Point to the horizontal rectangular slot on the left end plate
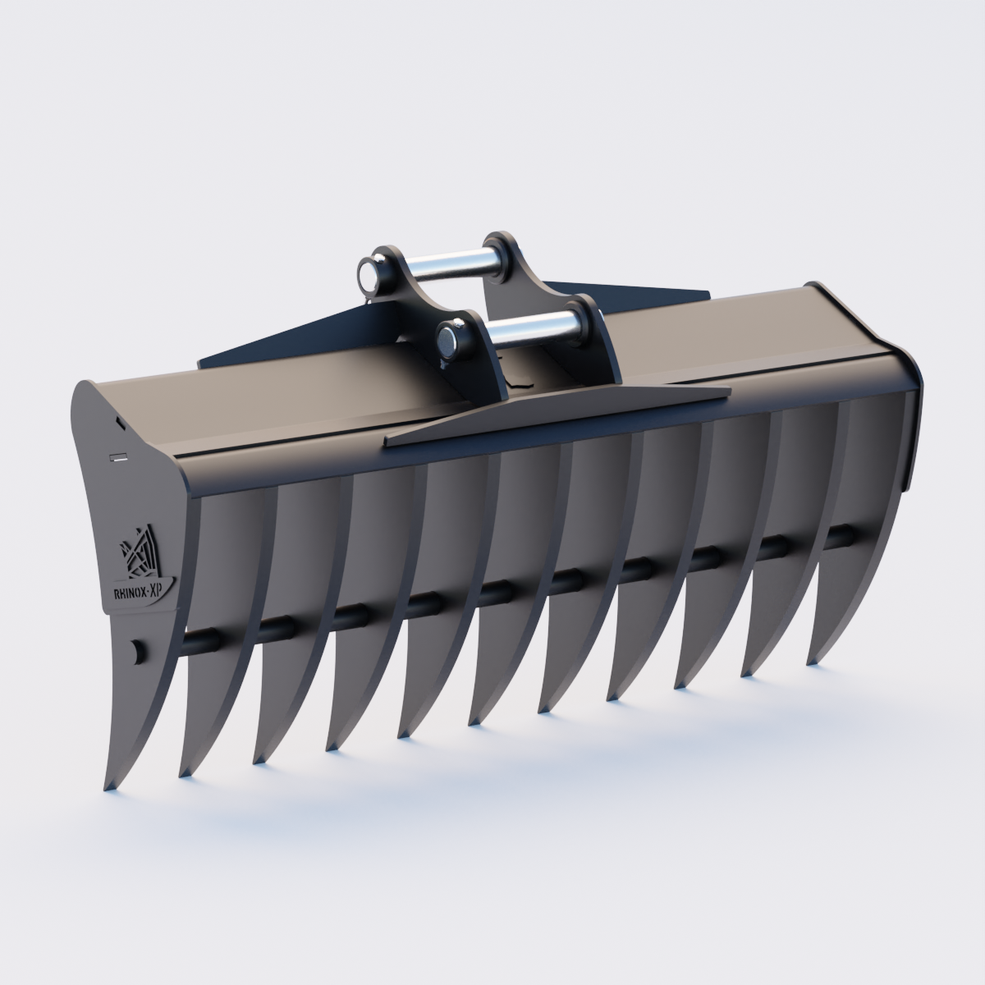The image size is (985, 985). point(118,455)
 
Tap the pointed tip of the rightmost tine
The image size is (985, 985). point(811,662)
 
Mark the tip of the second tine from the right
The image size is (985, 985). point(745,674)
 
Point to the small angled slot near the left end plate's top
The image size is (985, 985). point(119,424)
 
